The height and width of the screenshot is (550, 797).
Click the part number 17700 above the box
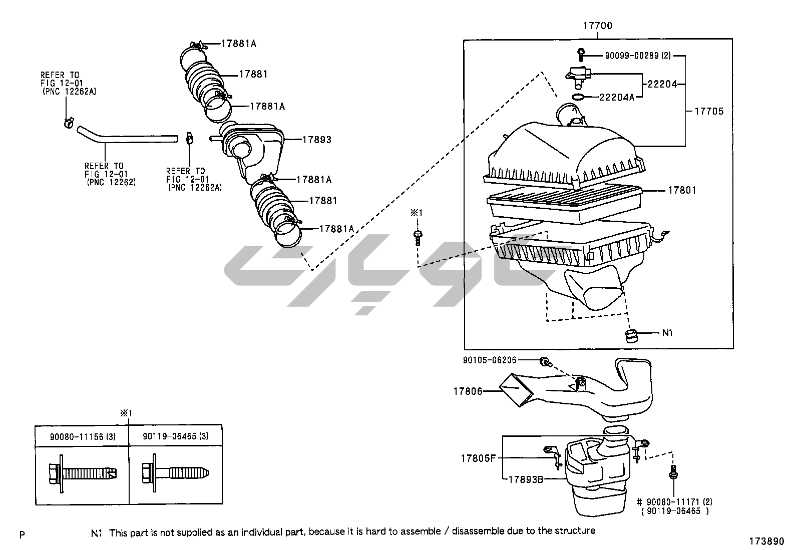coord(598,26)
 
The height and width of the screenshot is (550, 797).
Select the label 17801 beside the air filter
coord(682,190)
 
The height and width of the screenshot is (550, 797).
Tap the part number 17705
coord(709,112)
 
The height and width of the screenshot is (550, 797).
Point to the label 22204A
coord(617,97)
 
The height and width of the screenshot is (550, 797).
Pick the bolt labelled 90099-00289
coord(581,55)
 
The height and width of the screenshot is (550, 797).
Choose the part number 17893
coord(317,140)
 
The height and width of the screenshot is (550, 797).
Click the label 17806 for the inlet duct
coord(468,391)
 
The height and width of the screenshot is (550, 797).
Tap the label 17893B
coord(526,479)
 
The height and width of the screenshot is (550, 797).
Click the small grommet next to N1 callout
coord(632,336)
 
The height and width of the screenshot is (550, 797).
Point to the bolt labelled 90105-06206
coord(546,362)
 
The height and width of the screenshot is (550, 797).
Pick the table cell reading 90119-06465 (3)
coord(176,436)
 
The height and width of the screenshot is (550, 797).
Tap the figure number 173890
coord(766,541)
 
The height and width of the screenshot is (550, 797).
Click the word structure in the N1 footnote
coord(575,531)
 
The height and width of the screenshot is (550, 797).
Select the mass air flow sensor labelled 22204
coord(578,77)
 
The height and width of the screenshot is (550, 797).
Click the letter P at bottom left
coord(22,534)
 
